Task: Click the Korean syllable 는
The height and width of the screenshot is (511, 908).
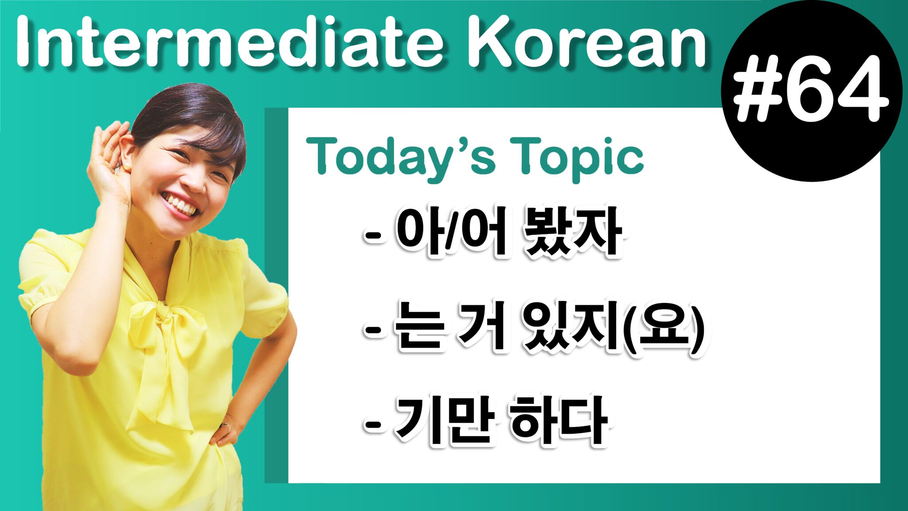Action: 419,328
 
